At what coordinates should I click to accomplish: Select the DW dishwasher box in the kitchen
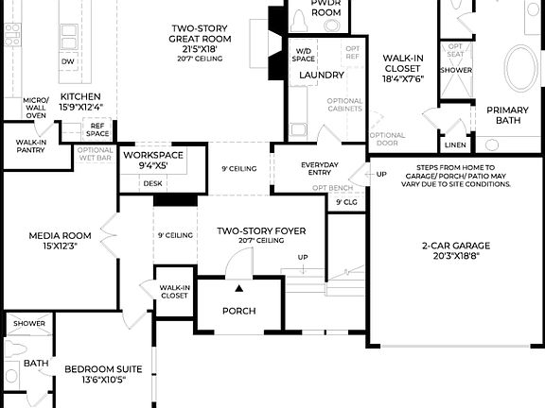tap(67, 61)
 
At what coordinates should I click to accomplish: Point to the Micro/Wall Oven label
tap(36, 107)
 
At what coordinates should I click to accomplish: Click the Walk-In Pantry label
tap(30, 146)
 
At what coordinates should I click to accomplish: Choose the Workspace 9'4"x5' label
tap(152, 160)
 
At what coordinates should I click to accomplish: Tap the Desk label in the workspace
tap(152, 183)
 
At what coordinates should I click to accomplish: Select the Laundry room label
tap(321, 75)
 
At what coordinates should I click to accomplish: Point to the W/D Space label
tap(305, 55)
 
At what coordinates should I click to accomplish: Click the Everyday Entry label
tap(320, 169)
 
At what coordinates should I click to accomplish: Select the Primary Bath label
tap(507, 114)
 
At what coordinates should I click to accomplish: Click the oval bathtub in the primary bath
tap(520, 68)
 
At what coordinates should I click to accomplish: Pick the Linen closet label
tap(455, 144)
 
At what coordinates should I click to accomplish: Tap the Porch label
tap(238, 311)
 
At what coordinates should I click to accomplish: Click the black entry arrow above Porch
tap(239, 288)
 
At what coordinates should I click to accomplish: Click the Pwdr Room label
tap(326, 8)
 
